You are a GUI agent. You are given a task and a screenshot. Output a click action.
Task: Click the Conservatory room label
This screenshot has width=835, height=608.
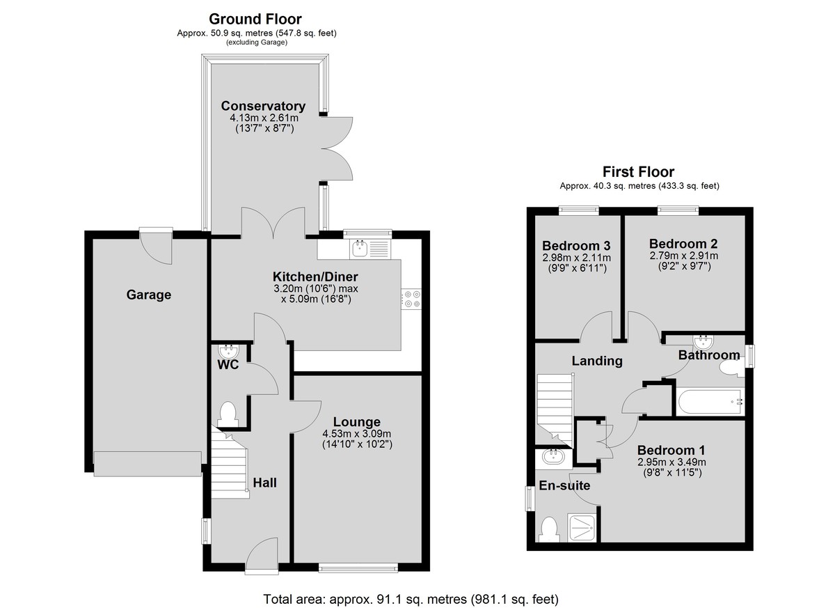(x=263, y=106)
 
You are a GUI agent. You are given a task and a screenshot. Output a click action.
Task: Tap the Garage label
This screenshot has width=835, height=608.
(x=149, y=295)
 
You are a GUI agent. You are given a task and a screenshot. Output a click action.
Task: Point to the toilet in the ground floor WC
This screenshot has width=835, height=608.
(x=228, y=414)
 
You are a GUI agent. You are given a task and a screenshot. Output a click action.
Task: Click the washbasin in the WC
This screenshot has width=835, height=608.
(x=228, y=351)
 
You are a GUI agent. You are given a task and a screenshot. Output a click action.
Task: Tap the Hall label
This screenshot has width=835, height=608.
(x=264, y=483)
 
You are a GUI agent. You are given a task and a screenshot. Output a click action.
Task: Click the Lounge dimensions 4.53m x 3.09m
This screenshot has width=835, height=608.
(x=357, y=434)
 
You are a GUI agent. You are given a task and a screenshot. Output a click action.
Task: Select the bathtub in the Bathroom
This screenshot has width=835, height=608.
(x=710, y=402)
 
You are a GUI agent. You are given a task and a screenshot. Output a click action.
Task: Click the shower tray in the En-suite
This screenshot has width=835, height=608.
(x=582, y=528)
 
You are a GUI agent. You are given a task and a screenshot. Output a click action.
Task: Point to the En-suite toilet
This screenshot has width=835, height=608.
(x=548, y=529)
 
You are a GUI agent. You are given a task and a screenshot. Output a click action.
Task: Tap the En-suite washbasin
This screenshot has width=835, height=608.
(x=553, y=457)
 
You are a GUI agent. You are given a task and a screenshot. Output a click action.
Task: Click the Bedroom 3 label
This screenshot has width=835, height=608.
(x=576, y=246)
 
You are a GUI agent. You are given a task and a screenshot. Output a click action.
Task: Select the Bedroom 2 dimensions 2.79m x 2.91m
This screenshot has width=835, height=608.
(x=683, y=256)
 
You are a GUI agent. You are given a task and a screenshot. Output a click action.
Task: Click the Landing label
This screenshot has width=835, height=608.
(x=597, y=361)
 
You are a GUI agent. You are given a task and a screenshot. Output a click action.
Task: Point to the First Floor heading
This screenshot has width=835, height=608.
(x=639, y=172)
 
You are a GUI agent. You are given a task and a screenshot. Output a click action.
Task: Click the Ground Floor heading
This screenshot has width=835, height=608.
(x=255, y=19)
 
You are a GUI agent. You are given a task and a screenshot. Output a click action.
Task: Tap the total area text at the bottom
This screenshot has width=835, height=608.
(x=411, y=599)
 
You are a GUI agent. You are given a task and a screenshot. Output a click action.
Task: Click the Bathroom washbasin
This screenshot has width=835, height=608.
(x=703, y=342)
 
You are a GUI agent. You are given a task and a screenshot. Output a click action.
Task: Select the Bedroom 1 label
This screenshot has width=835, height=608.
(x=671, y=450)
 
